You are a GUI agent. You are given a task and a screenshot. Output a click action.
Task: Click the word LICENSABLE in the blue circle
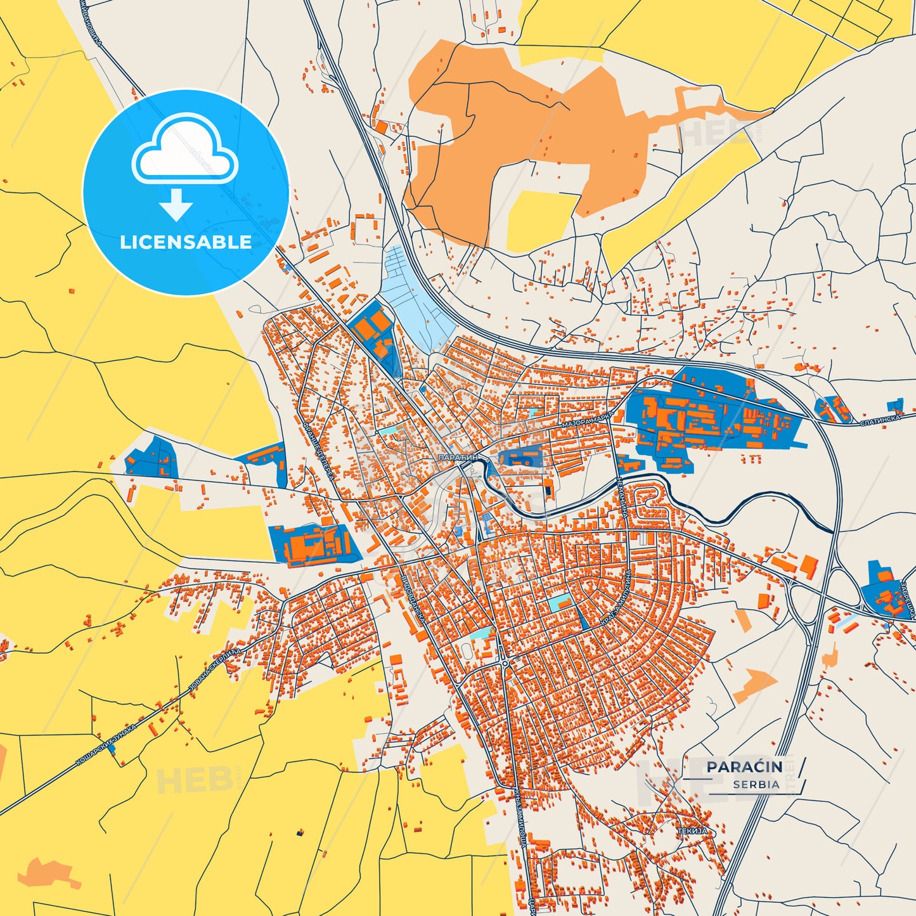[185, 242]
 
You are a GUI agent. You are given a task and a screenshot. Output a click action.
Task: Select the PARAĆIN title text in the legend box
[744, 767]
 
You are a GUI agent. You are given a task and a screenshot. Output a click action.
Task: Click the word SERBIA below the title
[756, 785]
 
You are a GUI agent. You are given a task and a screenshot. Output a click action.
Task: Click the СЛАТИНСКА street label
[880, 420]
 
